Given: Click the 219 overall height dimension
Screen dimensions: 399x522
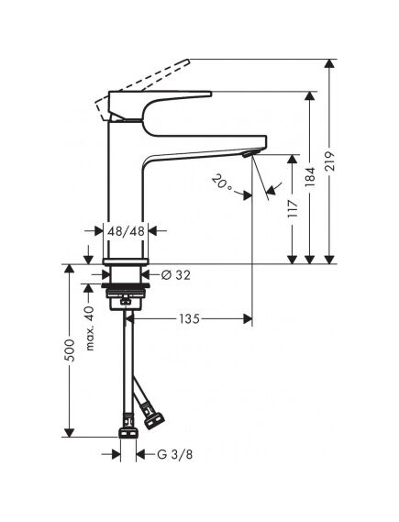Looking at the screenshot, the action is click(329, 161).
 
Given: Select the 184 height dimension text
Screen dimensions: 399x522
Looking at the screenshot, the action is click(310, 176).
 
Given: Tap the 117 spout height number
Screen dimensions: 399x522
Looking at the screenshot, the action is click(293, 209).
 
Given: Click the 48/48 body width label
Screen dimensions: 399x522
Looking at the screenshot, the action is click(126, 230).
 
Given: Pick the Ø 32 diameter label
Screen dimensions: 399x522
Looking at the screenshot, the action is click(176, 275).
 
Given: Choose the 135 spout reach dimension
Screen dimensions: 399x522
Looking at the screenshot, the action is click(189, 319).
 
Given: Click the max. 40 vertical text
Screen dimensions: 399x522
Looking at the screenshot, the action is click(90, 328).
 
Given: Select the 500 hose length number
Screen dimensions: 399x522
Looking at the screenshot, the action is click(70, 350).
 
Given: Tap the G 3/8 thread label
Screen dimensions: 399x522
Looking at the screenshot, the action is click(174, 454).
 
